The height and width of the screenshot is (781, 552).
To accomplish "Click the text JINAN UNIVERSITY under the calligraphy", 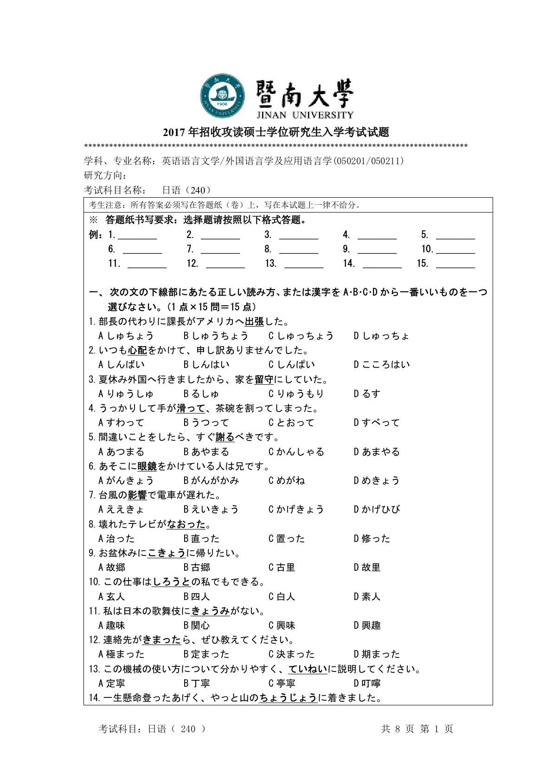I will (x=305, y=115).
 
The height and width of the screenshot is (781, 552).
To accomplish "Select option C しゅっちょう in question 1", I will (x=301, y=336).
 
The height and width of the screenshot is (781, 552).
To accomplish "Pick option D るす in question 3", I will (x=367, y=394).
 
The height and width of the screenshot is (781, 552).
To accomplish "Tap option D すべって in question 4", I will (x=376, y=422).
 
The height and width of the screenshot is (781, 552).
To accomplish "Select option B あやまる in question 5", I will (x=206, y=452).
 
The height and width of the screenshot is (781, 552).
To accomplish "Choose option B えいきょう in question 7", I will (x=211, y=509).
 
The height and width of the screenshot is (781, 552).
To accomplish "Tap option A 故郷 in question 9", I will (x=112, y=567).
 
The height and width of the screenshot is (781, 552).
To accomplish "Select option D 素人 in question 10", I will (x=367, y=596).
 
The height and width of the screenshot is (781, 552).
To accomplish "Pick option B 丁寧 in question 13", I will (x=197, y=683).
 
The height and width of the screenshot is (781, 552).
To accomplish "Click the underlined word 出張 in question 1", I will (x=254, y=321).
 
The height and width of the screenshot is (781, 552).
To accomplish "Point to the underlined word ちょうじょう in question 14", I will (x=288, y=697).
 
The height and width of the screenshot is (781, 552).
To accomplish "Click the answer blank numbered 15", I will (x=455, y=264).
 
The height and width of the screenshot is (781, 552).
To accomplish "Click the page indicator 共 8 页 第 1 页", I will (x=417, y=729).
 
